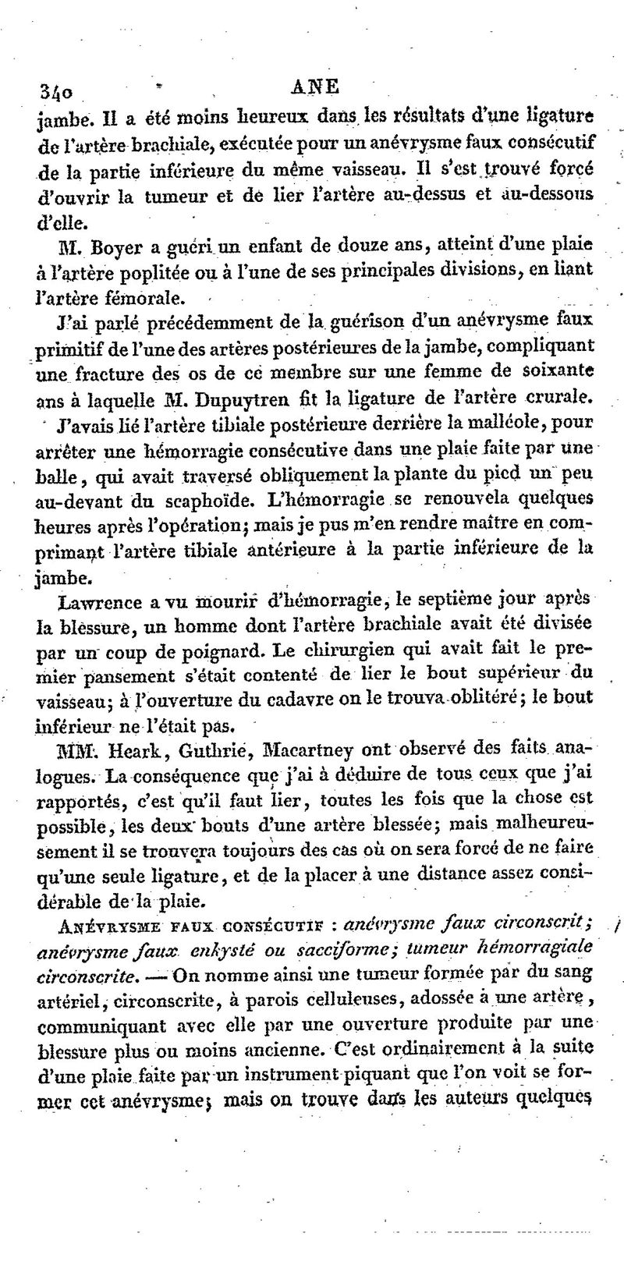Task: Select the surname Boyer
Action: point(117,250)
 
